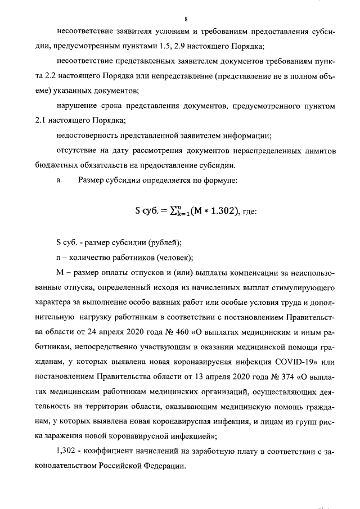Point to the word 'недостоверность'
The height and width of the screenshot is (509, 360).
[x=88, y=135]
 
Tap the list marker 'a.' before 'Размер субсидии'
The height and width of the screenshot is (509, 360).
[x=60, y=180]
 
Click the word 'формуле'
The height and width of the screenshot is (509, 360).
[x=220, y=180]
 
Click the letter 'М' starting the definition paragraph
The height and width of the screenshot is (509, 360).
[x=60, y=273]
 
